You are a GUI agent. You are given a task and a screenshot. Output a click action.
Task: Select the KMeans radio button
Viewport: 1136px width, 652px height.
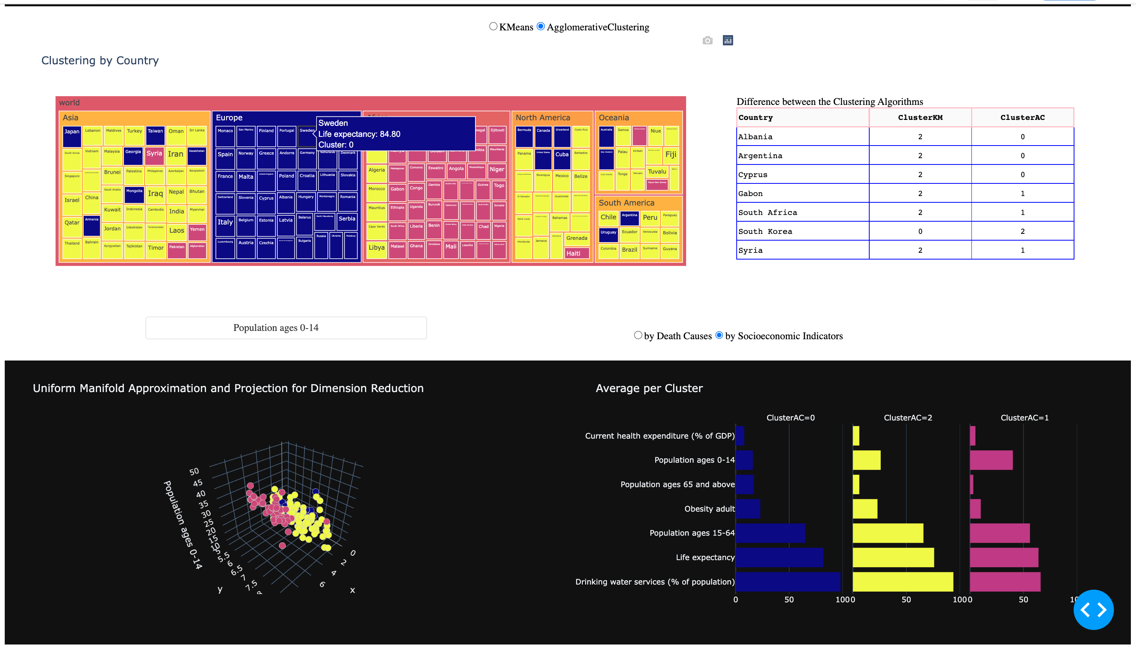493,26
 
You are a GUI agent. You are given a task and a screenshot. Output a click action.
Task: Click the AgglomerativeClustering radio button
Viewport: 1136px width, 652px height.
541,26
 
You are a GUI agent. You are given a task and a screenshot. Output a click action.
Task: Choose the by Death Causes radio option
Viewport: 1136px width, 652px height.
638,335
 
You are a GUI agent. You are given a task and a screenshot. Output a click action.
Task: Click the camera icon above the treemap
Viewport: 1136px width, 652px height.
707,41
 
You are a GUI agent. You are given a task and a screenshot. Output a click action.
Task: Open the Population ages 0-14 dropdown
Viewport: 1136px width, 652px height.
286,328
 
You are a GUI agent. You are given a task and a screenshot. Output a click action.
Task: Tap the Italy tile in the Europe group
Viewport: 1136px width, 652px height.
225,226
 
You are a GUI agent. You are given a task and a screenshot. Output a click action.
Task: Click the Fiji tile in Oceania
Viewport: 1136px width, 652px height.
670,155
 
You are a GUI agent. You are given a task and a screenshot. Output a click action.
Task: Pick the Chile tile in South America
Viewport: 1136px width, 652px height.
608,218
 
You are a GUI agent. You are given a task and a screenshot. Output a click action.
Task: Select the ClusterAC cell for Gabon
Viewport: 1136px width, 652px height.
1022,193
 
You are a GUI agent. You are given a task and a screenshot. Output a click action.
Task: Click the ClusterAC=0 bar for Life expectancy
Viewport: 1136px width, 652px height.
779,557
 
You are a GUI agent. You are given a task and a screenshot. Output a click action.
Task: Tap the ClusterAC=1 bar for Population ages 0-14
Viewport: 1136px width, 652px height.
991,460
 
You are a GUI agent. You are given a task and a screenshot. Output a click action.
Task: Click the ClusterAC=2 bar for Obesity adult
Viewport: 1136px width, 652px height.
865,509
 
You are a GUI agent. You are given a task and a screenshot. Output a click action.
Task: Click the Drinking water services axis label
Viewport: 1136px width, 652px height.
655,582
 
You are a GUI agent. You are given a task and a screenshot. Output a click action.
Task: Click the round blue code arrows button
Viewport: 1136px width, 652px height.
1093,609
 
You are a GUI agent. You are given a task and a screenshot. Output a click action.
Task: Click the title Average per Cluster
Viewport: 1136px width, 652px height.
649,388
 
